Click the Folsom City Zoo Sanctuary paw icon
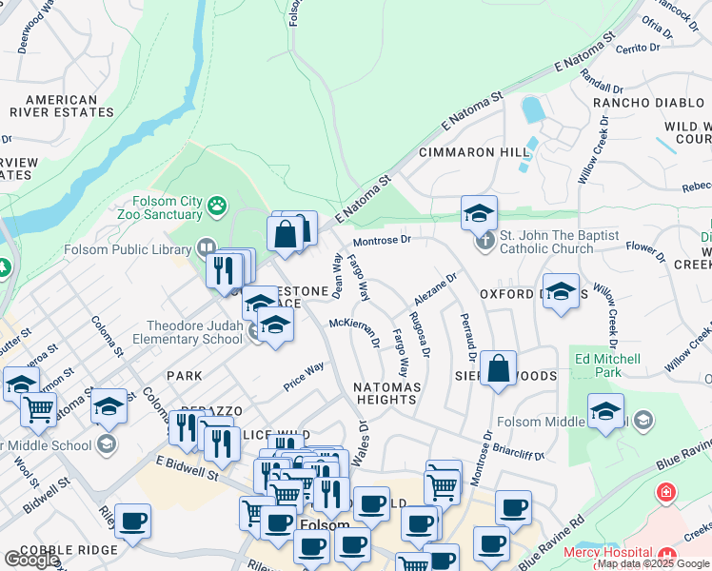[x=218, y=204]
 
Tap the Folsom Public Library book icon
[x=205, y=248]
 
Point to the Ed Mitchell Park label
[x=607, y=365]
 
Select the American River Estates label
[x=61, y=107]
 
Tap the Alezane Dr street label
[x=437, y=286]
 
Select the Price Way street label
[x=305, y=376]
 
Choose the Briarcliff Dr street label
[x=519, y=455]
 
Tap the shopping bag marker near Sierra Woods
[x=498, y=367]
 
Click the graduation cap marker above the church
[x=479, y=212]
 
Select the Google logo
[x=30, y=561]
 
